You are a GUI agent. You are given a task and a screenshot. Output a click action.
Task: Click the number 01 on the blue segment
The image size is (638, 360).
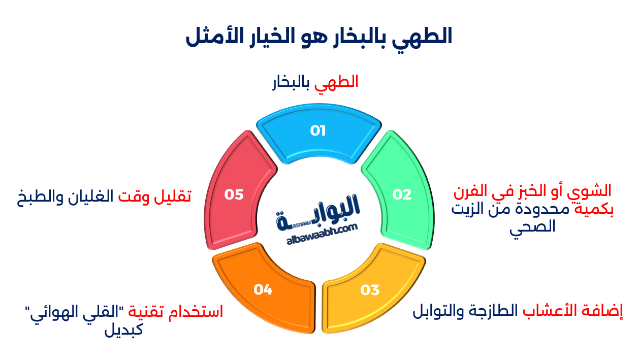coord(318,131)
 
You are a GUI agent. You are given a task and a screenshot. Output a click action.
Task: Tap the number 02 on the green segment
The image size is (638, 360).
coord(402,194)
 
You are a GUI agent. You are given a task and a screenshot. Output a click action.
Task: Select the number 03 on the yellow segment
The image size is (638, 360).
coord(370,290)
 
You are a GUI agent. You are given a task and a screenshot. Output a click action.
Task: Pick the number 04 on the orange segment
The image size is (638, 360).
coord(263,290)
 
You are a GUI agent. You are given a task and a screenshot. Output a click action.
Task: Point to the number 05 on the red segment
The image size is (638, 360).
coord(234,194)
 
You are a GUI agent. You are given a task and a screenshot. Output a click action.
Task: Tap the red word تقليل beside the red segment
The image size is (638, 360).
coord(175,197)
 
